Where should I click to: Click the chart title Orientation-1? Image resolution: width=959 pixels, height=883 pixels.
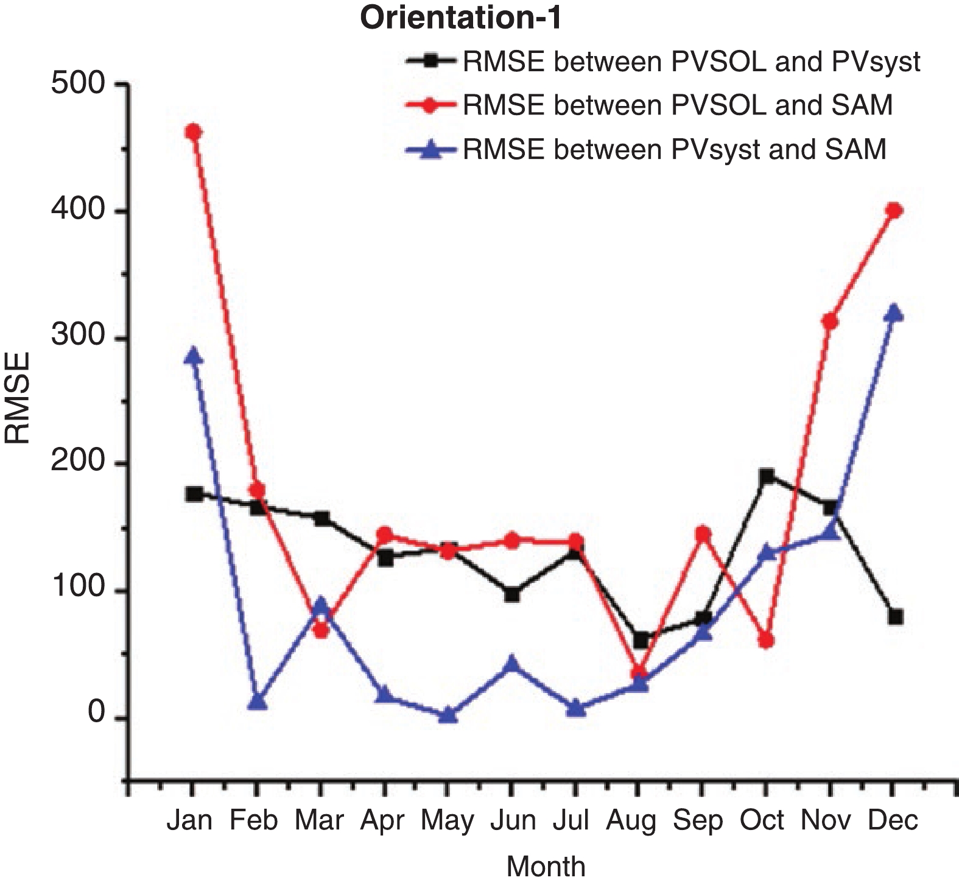click(x=460, y=18)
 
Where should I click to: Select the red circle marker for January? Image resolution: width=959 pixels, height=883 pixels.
click(x=193, y=132)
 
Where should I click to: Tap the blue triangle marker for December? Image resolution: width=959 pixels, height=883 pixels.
click(x=894, y=313)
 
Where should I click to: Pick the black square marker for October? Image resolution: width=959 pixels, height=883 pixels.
click(x=767, y=476)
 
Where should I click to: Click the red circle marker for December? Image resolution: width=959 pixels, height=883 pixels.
click(x=894, y=211)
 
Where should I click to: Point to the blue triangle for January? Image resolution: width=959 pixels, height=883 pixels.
click(x=193, y=356)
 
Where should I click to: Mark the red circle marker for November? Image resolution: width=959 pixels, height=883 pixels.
click(x=830, y=321)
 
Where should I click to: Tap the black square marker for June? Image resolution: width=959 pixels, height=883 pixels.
click(x=512, y=594)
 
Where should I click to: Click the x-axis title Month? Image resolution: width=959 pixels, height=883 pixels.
click(x=546, y=865)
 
